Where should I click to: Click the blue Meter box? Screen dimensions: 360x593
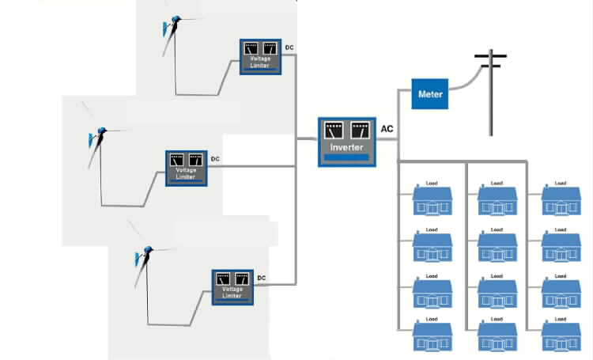point(431,95)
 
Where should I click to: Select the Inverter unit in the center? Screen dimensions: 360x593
point(346,142)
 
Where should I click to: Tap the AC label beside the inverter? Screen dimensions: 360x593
point(387,129)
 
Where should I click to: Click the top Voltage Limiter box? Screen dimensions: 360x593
point(261,56)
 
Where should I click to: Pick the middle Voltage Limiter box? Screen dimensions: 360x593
point(186,167)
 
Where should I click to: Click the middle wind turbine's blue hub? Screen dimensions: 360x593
point(100,131)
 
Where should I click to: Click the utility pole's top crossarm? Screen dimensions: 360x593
point(490,57)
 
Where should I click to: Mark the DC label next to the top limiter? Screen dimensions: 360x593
point(289,48)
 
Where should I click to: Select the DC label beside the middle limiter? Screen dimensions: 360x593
point(215,159)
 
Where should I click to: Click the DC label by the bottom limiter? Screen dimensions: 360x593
point(262,278)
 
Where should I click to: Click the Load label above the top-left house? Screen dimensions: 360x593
point(432,184)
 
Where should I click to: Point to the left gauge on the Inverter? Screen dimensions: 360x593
point(334,129)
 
